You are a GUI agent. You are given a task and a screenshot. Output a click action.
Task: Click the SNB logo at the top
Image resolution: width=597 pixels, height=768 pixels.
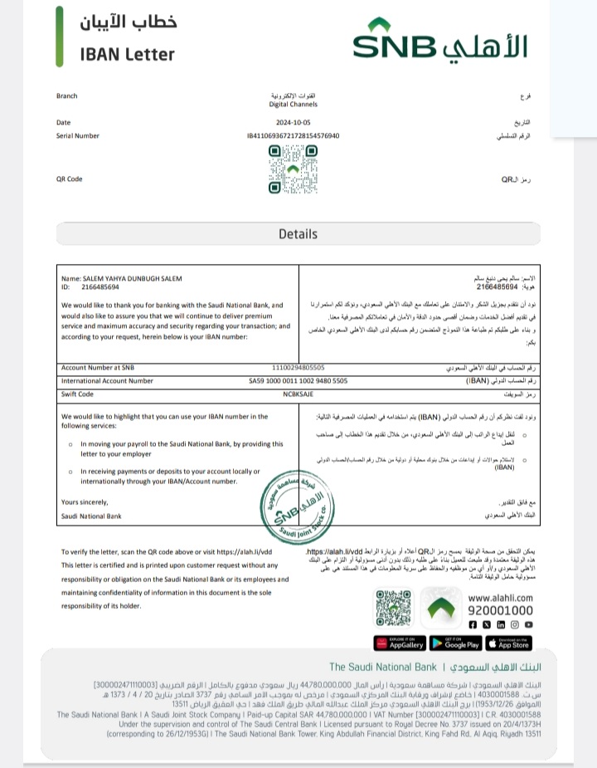pos(439,42)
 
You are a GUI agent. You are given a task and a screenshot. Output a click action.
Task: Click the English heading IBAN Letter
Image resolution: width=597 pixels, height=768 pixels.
pos(128,55)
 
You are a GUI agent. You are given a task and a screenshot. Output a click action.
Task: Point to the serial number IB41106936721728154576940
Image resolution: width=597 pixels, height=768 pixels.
pos(293,135)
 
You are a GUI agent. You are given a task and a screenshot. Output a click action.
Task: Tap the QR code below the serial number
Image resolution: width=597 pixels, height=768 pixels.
pos(293,169)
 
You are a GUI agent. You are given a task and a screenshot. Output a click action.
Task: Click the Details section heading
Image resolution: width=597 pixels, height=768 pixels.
pos(298,234)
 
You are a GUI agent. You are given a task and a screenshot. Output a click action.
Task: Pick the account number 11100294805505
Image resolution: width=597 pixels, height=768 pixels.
pos(298,367)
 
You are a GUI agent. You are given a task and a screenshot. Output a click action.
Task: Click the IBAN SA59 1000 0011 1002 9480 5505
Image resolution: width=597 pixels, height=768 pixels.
pos(299,380)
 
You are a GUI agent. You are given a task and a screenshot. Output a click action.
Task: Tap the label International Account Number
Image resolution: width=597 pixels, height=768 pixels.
pos(107,380)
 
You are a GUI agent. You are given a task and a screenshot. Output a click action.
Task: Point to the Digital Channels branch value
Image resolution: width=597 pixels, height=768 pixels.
pos(294,104)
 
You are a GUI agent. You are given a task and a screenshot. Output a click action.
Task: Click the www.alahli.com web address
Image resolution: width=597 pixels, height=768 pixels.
pos(501,597)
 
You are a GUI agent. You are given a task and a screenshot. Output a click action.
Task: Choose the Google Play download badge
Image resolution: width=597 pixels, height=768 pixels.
pos(455,643)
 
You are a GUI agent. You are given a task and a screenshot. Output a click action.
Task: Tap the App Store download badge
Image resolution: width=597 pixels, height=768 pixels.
pos(509,643)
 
